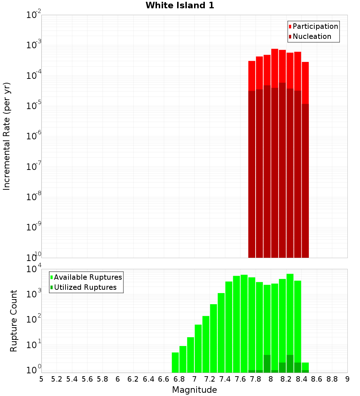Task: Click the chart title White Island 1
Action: coord(180,6)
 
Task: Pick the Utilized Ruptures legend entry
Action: coord(85,287)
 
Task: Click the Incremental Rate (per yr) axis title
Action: coord(7,136)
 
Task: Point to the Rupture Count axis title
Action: coord(14,321)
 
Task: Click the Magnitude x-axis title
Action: coord(194,390)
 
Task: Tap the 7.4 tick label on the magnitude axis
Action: coord(225,379)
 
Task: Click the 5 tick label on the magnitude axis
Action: coord(41,379)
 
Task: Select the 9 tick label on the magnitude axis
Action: coord(347,379)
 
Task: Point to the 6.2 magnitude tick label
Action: coord(133,379)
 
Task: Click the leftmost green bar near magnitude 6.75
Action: coord(175,363)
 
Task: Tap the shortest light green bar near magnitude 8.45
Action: coord(305,366)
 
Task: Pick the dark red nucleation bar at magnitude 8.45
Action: coord(305,180)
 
